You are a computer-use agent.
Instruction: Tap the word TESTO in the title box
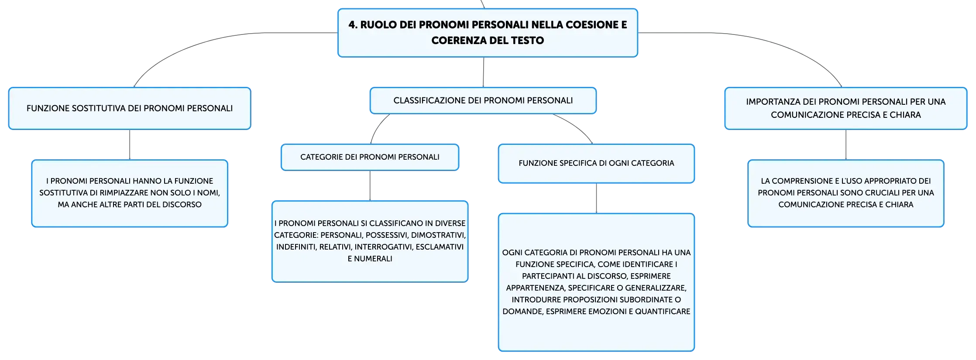pyautogui.click(x=528, y=41)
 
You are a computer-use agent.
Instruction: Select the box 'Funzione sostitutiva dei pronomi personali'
pyautogui.click(x=130, y=108)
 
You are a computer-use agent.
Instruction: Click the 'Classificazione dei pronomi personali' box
pyautogui.click(x=483, y=100)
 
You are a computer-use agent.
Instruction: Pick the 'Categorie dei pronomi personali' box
pyautogui.click(x=370, y=157)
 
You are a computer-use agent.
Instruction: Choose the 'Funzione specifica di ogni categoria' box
pyautogui.click(x=596, y=163)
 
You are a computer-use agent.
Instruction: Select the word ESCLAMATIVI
pyautogui.click(x=440, y=247)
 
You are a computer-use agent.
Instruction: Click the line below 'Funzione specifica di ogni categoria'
pyautogui.click(x=596, y=198)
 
